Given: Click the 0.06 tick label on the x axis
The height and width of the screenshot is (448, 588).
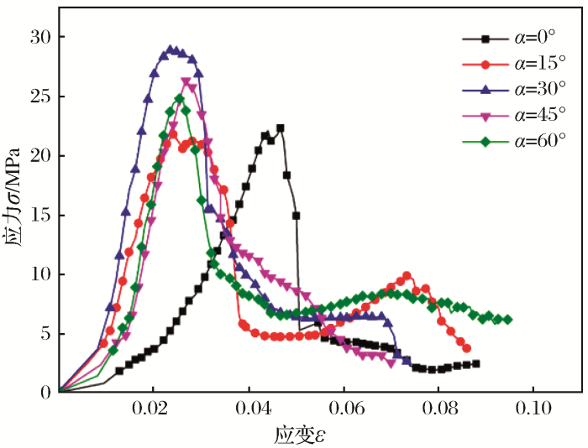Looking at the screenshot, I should coord(343,411).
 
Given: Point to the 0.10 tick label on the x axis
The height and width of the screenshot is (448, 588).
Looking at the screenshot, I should coord(533,411).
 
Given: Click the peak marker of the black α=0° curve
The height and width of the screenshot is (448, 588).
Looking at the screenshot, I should coord(280,128).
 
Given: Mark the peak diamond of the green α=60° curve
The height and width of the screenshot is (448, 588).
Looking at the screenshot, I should coord(179,99).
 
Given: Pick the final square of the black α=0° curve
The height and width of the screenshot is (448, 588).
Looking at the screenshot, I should coord(476,363).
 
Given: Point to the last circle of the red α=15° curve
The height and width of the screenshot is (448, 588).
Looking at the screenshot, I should coord(467,348).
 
